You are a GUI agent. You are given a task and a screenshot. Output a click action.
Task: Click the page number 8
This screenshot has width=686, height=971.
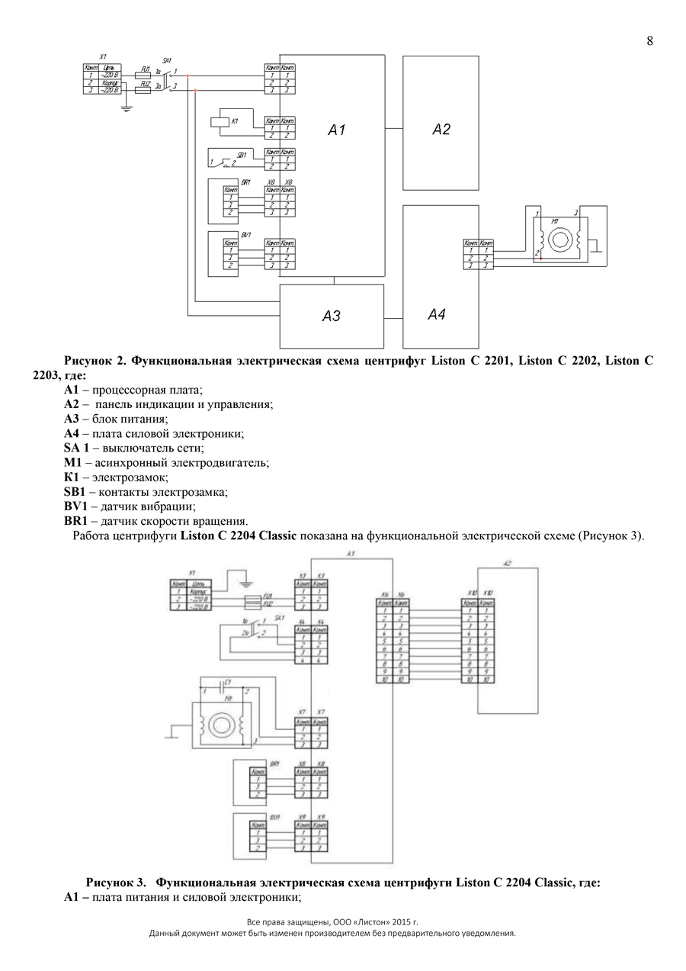click(x=649, y=41)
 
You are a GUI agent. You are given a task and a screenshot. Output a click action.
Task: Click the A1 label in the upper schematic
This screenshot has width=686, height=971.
click(x=336, y=130)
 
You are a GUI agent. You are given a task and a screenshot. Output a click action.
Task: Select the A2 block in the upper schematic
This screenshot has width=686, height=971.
click(x=441, y=123)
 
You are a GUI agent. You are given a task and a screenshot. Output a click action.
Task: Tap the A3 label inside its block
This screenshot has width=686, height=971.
click(x=331, y=316)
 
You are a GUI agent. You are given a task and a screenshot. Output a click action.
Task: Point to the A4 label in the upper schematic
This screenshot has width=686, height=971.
click(x=436, y=314)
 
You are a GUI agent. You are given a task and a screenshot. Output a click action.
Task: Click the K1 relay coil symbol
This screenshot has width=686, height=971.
click(x=218, y=121)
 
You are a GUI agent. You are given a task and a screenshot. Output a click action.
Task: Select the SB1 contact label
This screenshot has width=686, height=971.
click(x=242, y=156)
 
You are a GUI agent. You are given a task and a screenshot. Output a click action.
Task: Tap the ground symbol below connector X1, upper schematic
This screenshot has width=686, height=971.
click(x=127, y=108)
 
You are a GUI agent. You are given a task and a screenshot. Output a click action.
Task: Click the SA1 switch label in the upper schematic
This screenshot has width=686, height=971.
click(x=167, y=60)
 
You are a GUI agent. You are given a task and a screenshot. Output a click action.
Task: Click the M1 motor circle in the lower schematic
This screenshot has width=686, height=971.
click(x=223, y=722)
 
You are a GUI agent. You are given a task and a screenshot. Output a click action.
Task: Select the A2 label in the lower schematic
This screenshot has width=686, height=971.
click(x=507, y=564)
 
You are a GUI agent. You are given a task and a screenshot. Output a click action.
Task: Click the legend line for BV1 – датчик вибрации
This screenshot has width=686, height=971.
click(x=130, y=506)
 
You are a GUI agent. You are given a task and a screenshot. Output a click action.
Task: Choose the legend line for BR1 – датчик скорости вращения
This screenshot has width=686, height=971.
click(x=155, y=521)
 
